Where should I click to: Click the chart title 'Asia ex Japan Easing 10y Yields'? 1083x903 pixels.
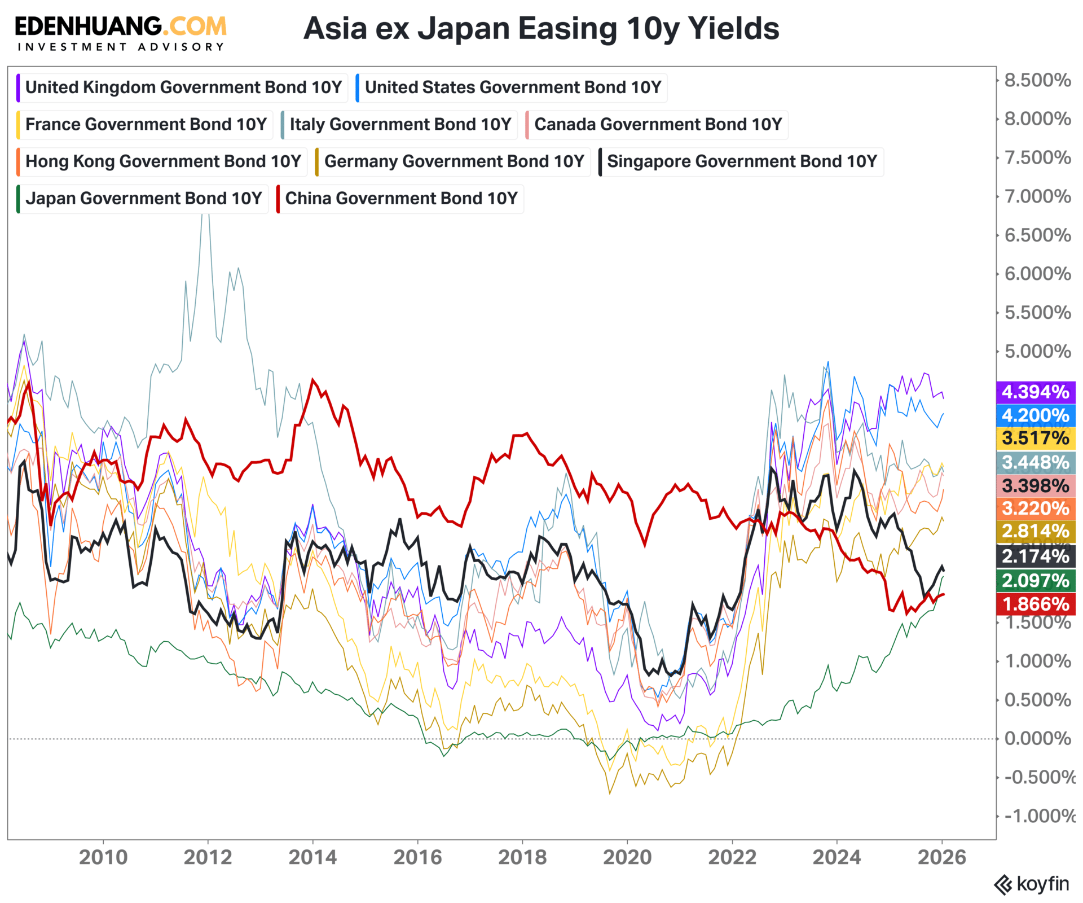[x=541, y=28]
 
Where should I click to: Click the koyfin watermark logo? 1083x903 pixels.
[x=1032, y=884]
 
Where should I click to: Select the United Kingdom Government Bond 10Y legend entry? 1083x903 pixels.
[x=183, y=87]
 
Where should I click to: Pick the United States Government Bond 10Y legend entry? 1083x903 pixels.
[x=512, y=87]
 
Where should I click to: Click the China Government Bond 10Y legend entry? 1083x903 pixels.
[x=400, y=199]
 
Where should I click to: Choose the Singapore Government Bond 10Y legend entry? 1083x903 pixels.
[x=741, y=161]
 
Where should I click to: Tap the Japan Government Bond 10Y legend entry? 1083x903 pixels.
[x=143, y=199]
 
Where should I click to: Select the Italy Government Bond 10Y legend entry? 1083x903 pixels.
[x=399, y=124]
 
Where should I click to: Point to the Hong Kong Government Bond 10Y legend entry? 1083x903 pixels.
[x=162, y=161]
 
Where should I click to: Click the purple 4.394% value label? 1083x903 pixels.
[x=1036, y=392]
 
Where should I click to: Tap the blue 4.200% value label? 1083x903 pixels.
[x=1036, y=415]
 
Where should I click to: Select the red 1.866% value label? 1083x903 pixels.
[x=1036, y=604]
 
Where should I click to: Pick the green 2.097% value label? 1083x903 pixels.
[x=1036, y=580]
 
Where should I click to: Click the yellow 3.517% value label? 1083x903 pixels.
[x=1036, y=438]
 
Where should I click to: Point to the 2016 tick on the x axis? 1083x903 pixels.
[x=417, y=857]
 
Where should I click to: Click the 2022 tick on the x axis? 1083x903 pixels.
[x=732, y=857]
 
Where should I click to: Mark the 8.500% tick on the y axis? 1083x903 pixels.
[x=1037, y=80]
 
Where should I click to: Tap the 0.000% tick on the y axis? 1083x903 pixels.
[x=1037, y=738]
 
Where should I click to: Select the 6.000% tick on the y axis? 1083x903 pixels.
[x=1037, y=274]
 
